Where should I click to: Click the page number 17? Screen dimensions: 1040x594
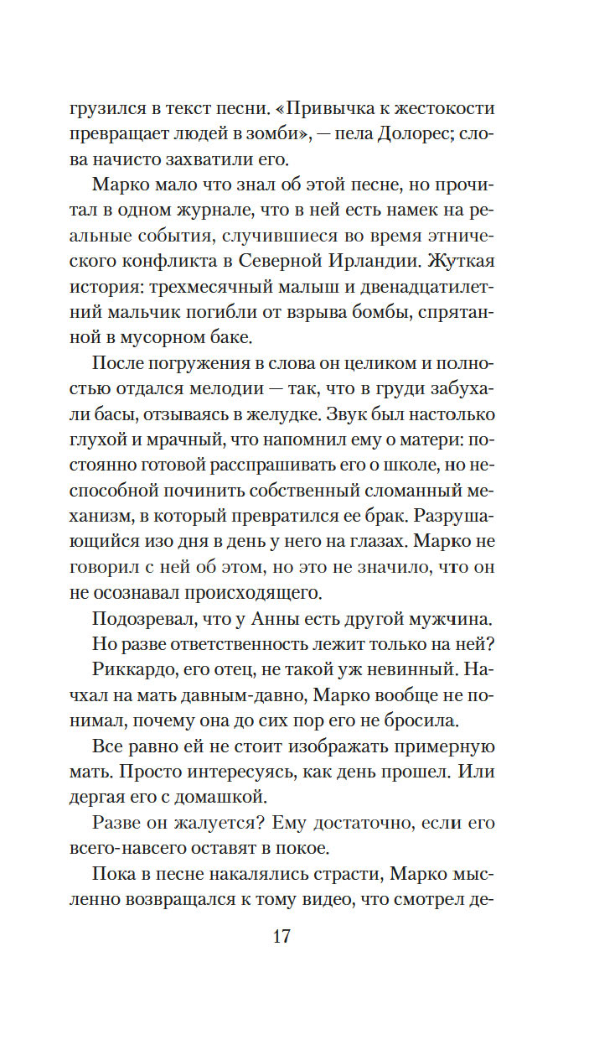click(282, 936)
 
